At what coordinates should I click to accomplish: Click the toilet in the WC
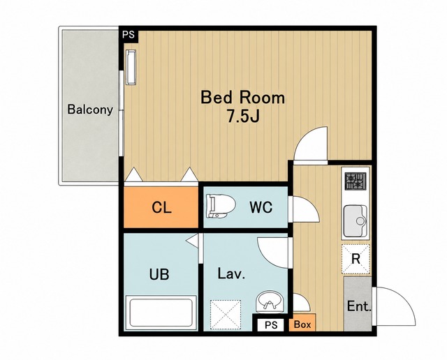pyautogui.click(x=220, y=206)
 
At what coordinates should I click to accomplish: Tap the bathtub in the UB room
pyautogui.click(x=161, y=313)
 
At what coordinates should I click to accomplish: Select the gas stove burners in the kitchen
pyautogui.click(x=356, y=181)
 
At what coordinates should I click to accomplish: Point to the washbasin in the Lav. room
pyautogui.click(x=270, y=302)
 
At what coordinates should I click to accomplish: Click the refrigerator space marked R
pyautogui.click(x=356, y=259)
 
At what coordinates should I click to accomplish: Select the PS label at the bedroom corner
pyautogui.click(x=129, y=35)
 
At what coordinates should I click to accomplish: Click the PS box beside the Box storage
pyautogui.click(x=270, y=324)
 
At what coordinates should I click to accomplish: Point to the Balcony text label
pyautogui.click(x=90, y=110)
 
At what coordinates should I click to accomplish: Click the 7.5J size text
pyautogui.click(x=243, y=116)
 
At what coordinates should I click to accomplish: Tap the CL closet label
pyautogui.click(x=161, y=207)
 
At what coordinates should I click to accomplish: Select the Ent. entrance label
pyautogui.click(x=359, y=306)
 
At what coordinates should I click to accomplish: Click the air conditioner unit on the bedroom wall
pyautogui.click(x=131, y=67)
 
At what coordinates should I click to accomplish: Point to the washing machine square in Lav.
pyautogui.click(x=226, y=315)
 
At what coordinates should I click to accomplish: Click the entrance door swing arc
pyautogui.click(x=404, y=299)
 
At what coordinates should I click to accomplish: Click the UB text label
pyautogui.click(x=159, y=275)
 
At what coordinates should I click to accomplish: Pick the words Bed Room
pyautogui.click(x=243, y=98)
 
